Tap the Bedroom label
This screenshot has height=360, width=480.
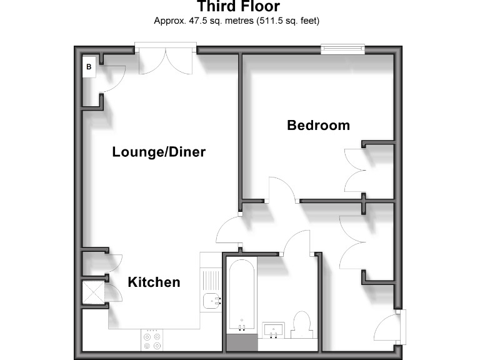click(318, 125)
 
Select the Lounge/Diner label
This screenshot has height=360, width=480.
click(159, 152)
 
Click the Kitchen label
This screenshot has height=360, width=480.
click(154, 282)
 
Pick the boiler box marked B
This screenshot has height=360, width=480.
click(89, 66)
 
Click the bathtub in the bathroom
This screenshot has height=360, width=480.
click(241, 294)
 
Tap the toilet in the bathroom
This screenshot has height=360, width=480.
click(302, 324)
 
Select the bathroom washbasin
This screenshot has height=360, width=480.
click(274, 329)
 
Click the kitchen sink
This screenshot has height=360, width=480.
click(211, 301)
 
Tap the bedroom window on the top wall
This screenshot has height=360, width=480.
click(342, 47)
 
